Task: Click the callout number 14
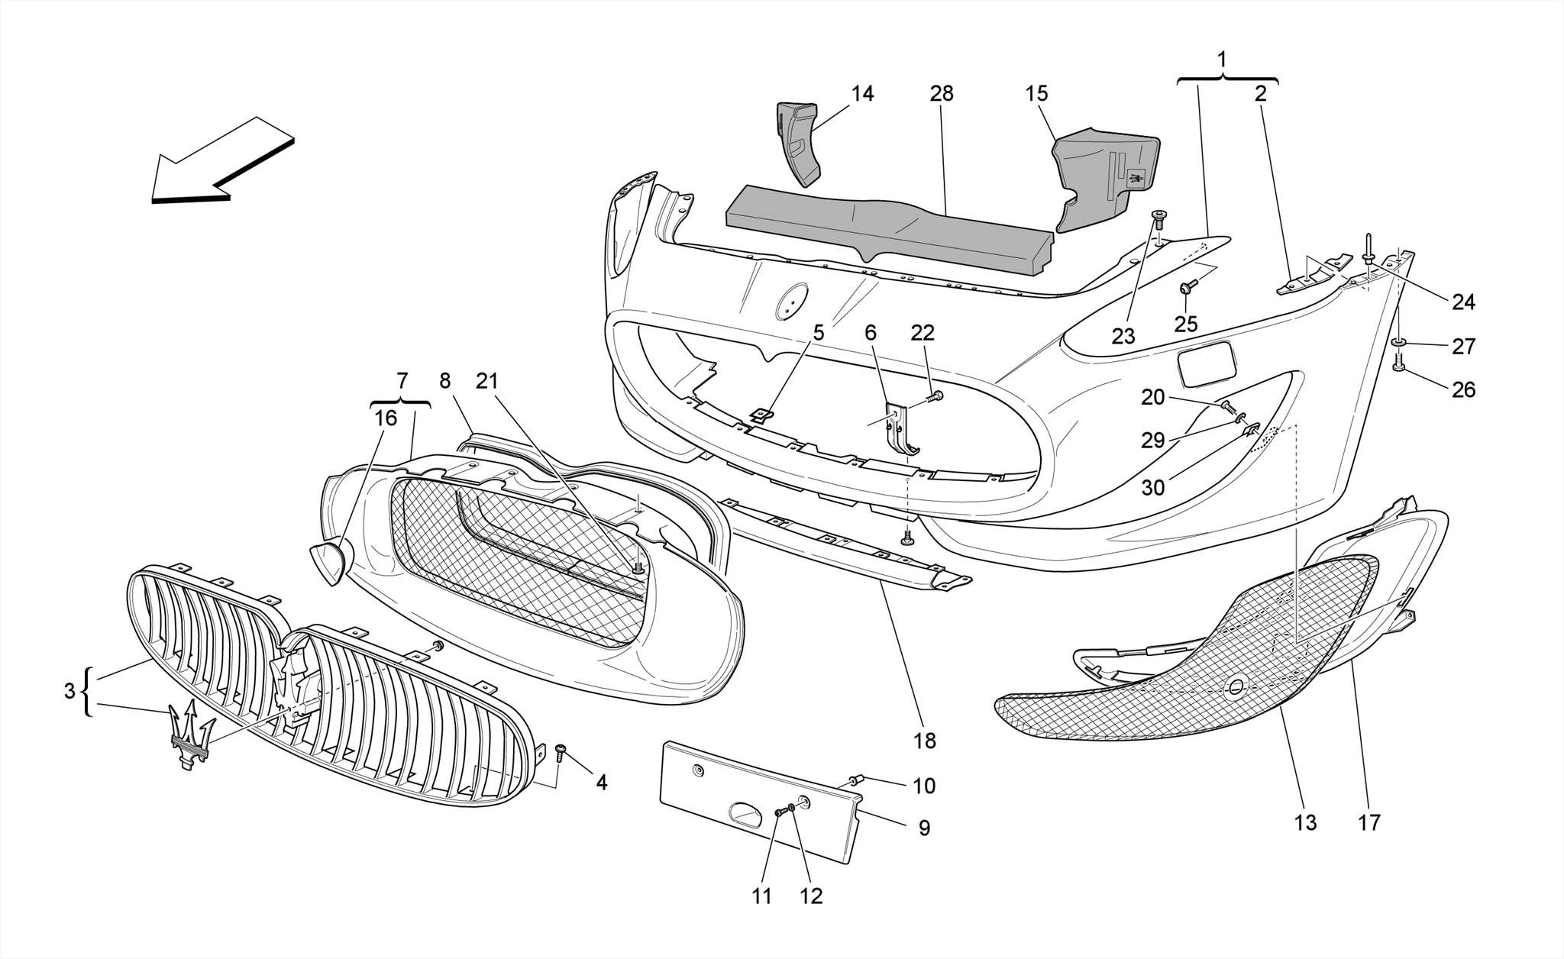[x=862, y=94]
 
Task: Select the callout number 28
[x=942, y=94]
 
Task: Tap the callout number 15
[x=1036, y=94]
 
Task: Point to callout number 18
[x=923, y=740]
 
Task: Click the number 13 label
[x=1305, y=822]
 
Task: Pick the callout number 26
[x=1463, y=390]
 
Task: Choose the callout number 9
[x=924, y=828]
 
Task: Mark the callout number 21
[x=486, y=380]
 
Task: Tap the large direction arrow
[x=221, y=160]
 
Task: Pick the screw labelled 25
[x=1186, y=287]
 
